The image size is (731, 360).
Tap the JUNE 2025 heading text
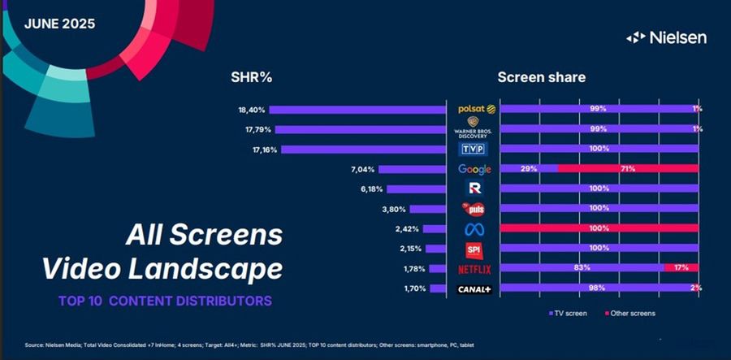(x=59, y=24)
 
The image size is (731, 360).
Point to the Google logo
(x=474, y=169)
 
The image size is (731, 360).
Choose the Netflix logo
(x=474, y=268)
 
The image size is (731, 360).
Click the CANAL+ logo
(x=474, y=288)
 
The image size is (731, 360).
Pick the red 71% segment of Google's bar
(x=627, y=169)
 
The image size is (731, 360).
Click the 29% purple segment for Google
(x=528, y=169)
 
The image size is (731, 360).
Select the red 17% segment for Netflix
(x=681, y=268)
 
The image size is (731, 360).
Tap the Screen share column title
(x=541, y=78)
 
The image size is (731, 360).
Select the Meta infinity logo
(x=474, y=229)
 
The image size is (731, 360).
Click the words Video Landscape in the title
(x=162, y=267)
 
